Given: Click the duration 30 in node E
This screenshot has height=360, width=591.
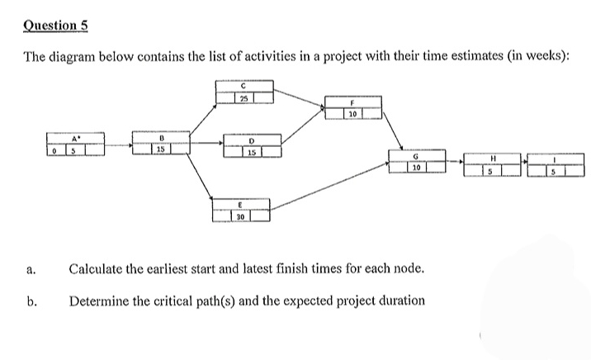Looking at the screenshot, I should coord(240,216).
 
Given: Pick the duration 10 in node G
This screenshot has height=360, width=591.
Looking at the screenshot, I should coord(418,168).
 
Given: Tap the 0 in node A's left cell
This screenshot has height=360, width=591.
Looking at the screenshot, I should coord(54,151).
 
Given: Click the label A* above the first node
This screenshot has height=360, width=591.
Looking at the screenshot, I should coord(77,139).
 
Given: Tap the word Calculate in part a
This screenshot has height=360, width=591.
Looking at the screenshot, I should coord(97,268).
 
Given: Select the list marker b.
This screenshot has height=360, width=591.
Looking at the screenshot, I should coord(31,301).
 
